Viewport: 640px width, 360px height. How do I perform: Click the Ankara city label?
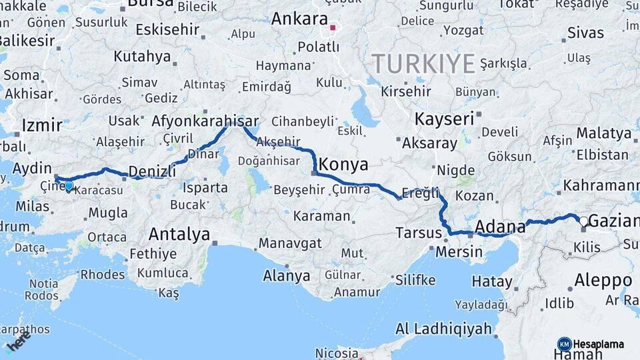coord(299,18)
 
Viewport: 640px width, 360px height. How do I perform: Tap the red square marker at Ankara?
coord(333,28)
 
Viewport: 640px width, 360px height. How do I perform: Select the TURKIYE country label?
coord(423,64)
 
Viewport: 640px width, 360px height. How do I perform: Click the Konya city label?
coord(344,165)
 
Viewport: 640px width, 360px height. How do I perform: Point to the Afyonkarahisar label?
coord(205,121)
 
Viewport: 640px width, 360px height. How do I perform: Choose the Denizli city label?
coord(152,171)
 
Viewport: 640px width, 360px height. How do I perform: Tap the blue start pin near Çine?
coord(69,185)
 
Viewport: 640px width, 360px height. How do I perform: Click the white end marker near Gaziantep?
coord(583,221)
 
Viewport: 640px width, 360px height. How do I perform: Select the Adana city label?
coord(501,227)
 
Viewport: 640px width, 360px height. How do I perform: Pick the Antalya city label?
coord(179,234)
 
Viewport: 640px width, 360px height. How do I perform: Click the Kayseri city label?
coord(445,119)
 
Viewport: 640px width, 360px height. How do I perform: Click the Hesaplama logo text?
coord(599,345)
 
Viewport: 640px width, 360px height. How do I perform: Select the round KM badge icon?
coord(565,345)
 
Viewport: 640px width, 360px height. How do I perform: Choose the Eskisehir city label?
coord(167,29)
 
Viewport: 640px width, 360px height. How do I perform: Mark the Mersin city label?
coord(459,251)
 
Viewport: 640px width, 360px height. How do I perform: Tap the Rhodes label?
coord(102,274)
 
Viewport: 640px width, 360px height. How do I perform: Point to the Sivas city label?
coord(585,32)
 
